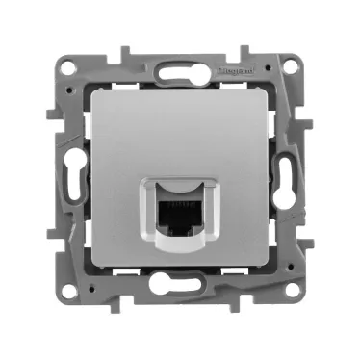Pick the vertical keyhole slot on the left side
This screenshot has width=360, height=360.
(70, 179)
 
